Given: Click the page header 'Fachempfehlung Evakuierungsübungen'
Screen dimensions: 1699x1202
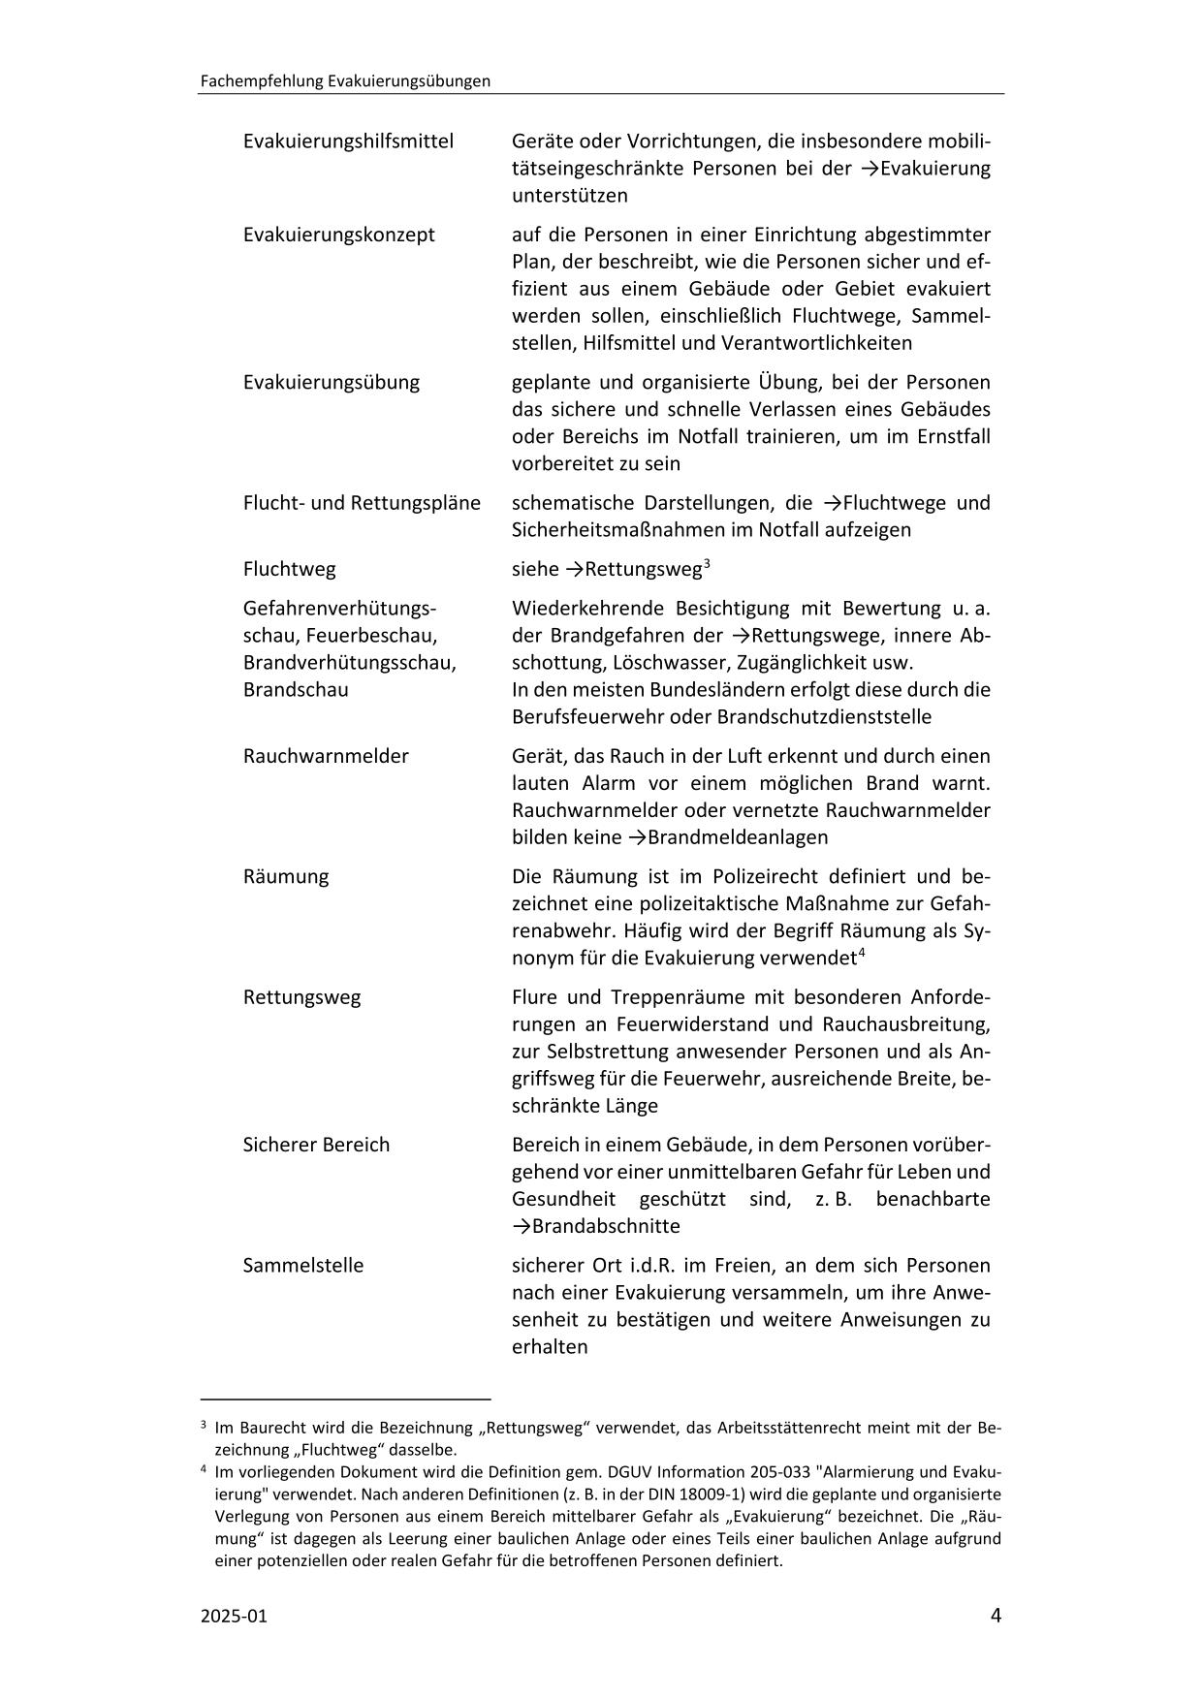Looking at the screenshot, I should [345, 81].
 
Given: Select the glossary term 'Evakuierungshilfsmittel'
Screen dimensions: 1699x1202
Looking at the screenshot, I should [348, 142].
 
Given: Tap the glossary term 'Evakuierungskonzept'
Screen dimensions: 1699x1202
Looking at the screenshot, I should [338, 235].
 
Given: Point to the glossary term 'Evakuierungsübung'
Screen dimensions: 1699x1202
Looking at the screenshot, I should [332, 382].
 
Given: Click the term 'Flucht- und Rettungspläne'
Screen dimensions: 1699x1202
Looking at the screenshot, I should [362, 503].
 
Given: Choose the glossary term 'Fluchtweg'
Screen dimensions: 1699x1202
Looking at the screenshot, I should [290, 569].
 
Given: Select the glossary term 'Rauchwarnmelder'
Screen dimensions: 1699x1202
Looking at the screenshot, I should [326, 756].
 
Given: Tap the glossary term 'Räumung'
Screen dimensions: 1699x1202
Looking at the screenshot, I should [286, 876].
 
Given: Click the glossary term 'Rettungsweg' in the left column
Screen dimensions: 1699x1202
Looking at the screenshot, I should [301, 997].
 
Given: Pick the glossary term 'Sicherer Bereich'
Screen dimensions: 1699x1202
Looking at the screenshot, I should [316, 1145].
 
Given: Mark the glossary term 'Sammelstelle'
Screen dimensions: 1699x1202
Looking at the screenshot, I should [303, 1266].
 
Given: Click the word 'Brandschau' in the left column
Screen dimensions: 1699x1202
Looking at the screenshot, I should [296, 690].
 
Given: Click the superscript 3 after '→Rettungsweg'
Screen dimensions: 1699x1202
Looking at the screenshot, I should [708, 563].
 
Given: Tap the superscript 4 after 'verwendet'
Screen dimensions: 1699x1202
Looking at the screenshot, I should [861, 953].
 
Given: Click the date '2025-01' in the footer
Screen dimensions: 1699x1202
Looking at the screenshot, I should [233, 1616].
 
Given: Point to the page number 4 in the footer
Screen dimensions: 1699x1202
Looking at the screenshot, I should [996, 1615].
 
